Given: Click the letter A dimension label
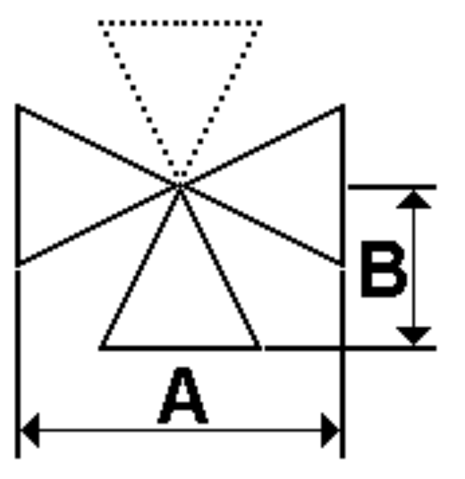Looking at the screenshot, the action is (183, 395).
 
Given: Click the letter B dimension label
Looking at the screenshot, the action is (383, 269).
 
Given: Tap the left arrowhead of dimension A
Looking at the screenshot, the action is (30, 430).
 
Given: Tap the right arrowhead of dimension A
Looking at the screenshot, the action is (330, 430).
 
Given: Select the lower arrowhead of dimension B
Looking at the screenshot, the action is (414, 336).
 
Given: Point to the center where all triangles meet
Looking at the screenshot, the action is (180, 186).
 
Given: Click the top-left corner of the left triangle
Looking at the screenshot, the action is (18, 105).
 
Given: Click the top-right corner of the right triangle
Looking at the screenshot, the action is (343, 105).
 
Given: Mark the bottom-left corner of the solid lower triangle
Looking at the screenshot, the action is (101, 348).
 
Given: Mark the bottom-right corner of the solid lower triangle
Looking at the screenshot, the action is (259, 348).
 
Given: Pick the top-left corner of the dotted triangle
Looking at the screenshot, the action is (100, 23).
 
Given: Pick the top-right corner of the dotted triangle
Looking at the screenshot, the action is (260, 23).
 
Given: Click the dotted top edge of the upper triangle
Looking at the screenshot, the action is (180, 23).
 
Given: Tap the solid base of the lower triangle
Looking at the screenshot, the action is (180, 348).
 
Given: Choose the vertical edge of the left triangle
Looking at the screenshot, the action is (18, 186).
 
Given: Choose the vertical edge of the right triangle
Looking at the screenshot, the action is (343, 186).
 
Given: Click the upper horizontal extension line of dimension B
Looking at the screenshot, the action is (393, 187).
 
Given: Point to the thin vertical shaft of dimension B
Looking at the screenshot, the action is (414, 267).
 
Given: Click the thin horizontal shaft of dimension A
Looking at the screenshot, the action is (180, 430).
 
